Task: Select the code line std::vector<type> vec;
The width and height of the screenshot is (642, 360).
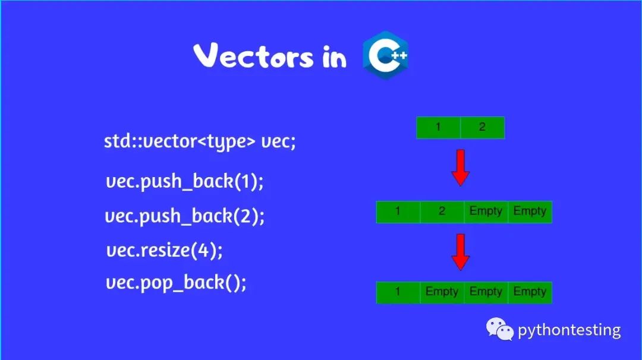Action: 200,142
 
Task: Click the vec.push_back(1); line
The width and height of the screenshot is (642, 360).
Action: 184,181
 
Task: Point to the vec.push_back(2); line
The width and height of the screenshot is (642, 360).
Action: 185,216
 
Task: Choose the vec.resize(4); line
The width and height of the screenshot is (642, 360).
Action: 165,250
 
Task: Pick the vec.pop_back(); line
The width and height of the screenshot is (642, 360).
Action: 176,283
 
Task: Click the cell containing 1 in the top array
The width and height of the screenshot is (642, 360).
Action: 439,128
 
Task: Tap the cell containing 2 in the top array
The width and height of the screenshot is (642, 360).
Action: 482,128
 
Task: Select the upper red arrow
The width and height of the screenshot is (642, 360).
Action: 461,168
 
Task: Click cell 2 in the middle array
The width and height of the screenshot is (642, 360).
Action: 442,212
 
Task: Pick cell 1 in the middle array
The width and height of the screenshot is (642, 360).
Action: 398,212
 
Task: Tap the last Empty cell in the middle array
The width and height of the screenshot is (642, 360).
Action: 530,212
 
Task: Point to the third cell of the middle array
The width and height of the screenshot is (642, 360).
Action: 486,212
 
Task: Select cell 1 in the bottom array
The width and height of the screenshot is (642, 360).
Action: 398,292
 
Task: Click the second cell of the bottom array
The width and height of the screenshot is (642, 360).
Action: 442,292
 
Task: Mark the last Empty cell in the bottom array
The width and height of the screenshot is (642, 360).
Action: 530,292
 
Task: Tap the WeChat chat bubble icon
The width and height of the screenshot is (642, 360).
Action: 499,329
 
